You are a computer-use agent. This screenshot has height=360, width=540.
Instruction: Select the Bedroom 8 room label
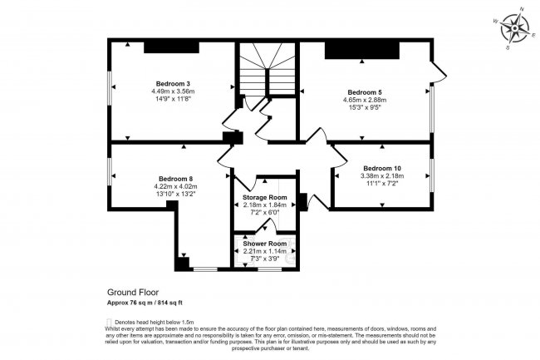point(176,179)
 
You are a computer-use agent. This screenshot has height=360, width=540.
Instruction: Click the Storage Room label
point(264,196)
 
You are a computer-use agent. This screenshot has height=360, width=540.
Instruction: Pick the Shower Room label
point(264,244)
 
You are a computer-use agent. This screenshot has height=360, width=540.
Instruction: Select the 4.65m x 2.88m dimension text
point(366,100)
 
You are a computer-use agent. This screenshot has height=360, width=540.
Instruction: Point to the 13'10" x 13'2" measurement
point(176,195)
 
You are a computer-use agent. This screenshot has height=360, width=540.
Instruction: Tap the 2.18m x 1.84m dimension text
point(264,205)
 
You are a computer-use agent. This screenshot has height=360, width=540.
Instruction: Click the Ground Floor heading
point(133,293)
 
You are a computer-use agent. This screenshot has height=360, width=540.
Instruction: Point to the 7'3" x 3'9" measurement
point(264,259)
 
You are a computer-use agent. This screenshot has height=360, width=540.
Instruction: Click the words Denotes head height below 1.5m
point(150,321)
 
